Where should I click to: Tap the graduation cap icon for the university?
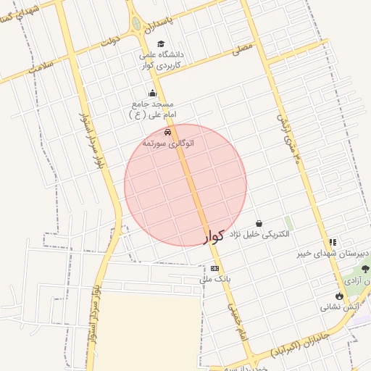[161, 44]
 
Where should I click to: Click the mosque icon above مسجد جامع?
[152, 93]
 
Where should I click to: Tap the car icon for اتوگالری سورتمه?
[168, 133]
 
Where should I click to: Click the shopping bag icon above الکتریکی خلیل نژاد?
[259, 223]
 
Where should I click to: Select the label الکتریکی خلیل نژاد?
[259, 234]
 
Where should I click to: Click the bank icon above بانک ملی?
[214, 268]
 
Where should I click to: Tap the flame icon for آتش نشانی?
[339, 295]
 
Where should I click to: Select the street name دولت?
[109, 42]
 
